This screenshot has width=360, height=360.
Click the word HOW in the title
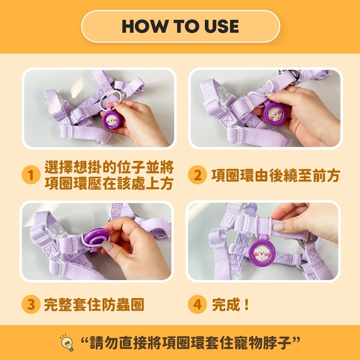(x=145, y=26)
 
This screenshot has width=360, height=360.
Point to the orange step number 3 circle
(x=31, y=304)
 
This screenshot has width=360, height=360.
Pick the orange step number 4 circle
(x=197, y=304)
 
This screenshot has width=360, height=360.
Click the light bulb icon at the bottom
(x=67, y=343)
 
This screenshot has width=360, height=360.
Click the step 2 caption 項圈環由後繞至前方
(x=275, y=175)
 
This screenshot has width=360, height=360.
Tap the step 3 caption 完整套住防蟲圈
(x=94, y=305)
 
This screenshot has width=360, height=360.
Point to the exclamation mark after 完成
(x=247, y=305)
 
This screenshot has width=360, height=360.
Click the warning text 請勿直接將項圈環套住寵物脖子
(x=190, y=343)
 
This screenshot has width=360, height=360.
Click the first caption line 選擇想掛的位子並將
(x=109, y=167)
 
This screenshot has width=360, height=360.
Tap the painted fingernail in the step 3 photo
(x=107, y=246)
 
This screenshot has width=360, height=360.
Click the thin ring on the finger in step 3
(x=134, y=229)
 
